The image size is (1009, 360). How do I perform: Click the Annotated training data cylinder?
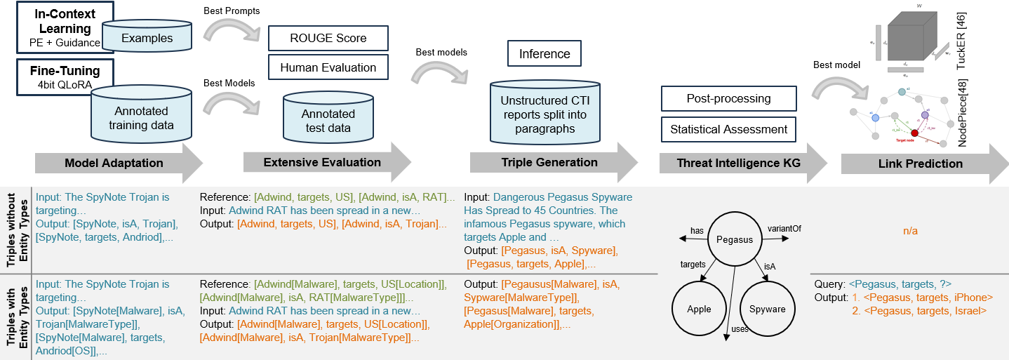click(x=141, y=119)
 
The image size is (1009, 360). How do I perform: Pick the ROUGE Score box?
click(x=328, y=39)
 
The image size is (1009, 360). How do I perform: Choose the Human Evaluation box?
click(x=328, y=67)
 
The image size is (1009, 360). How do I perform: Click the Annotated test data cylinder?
click(x=328, y=121)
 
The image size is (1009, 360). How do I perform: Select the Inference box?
click(x=544, y=53)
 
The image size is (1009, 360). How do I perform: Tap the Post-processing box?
click(x=728, y=99)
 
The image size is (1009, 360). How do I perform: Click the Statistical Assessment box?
click(x=728, y=129)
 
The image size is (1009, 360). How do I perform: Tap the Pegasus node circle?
click(x=734, y=239)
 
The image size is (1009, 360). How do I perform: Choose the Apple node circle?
click(x=699, y=309)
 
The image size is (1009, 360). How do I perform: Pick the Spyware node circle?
click(x=767, y=309)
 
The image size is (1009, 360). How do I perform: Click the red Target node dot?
click(x=914, y=133)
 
